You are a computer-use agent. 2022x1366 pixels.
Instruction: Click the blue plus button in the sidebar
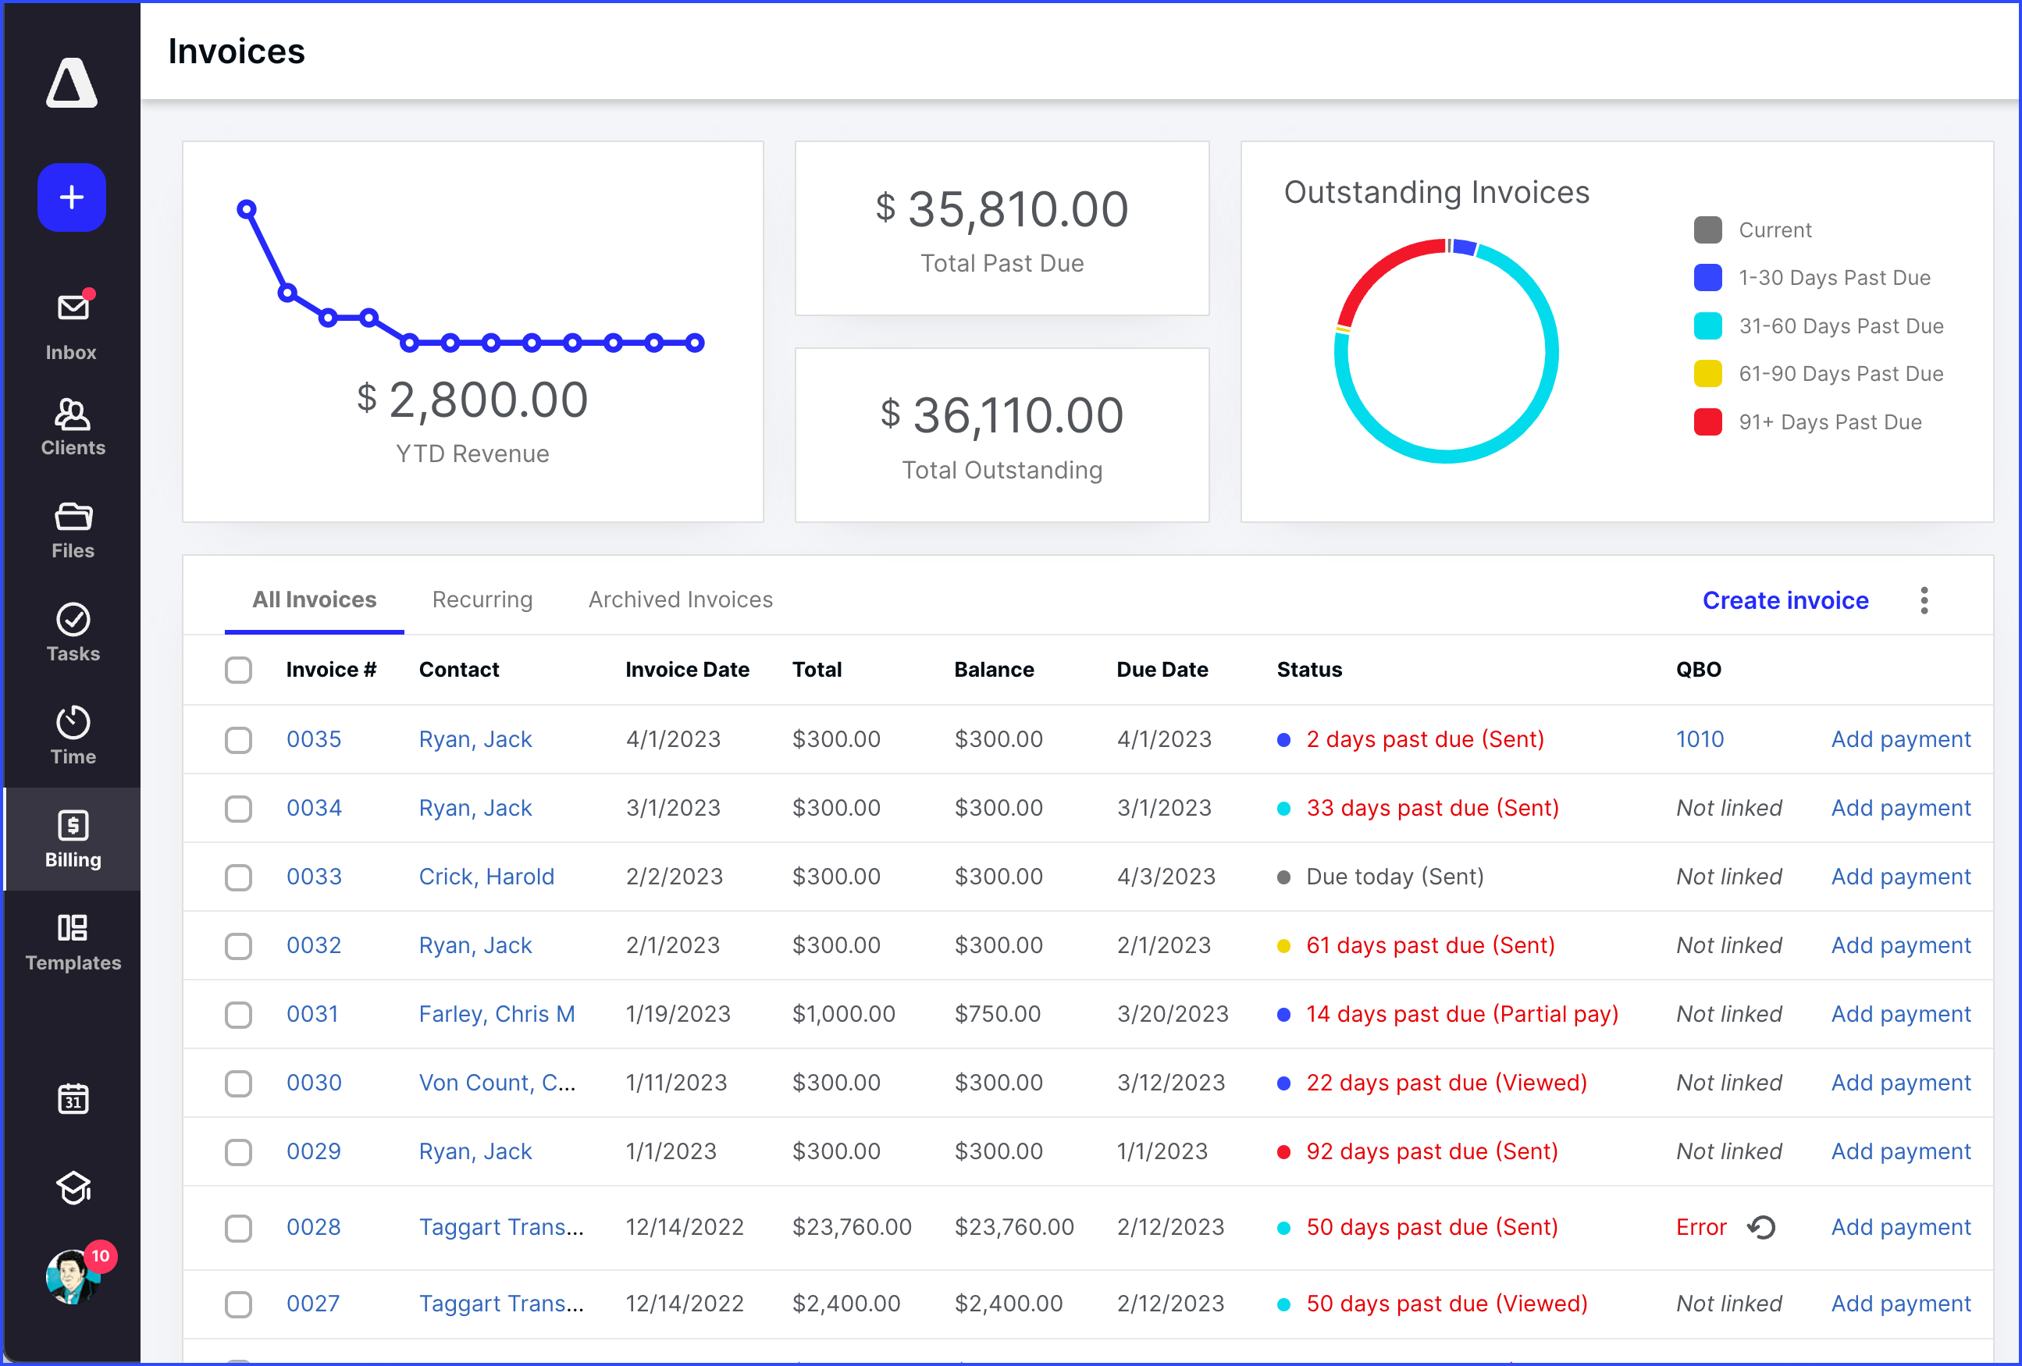point(71,197)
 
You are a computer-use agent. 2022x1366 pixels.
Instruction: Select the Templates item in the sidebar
point(72,942)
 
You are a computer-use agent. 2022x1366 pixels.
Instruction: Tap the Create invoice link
point(1785,600)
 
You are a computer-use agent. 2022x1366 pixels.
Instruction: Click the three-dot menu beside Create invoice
point(1924,600)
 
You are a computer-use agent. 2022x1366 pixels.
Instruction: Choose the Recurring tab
point(482,599)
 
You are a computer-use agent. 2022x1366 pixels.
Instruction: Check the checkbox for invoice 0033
point(238,877)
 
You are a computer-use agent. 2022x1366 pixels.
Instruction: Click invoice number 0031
point(312,1014)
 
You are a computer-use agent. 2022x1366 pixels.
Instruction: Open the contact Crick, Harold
point(486,876)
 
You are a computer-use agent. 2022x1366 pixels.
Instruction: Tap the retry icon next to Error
point(1761,1227)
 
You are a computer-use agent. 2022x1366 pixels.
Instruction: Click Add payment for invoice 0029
point(1900,1151)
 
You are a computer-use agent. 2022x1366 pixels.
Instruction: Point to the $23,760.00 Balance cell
point(1013,1227)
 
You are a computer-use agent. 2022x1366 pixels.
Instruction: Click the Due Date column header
point(1162,669)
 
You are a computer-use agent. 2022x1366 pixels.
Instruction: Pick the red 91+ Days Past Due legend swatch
point(1707,422)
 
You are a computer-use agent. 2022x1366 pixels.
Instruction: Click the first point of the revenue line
point(247,209)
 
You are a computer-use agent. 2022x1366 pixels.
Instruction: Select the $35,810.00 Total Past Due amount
point(1002,210)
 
